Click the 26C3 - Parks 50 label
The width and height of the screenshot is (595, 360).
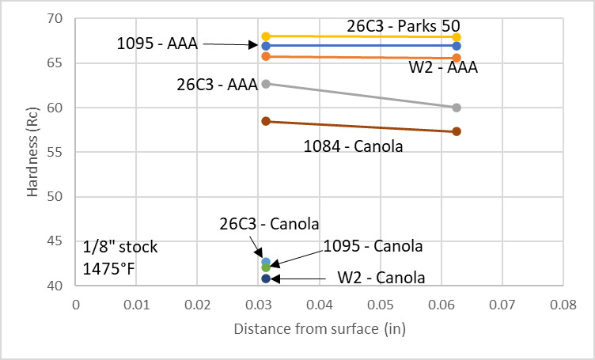[415, 26]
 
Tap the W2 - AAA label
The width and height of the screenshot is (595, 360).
[443, 67]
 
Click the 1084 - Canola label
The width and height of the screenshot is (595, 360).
[354, 146]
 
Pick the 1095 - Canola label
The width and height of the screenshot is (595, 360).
[373, 246]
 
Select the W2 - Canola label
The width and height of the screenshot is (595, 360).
[381, 278]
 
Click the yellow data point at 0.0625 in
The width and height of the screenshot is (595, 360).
[457, 37]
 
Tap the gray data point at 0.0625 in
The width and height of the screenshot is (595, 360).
[457, 108]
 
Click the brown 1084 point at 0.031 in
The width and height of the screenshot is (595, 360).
[266, 121]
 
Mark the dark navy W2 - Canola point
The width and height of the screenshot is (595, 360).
[266, 279]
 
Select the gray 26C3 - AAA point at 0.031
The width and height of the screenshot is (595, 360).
[266, 83]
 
